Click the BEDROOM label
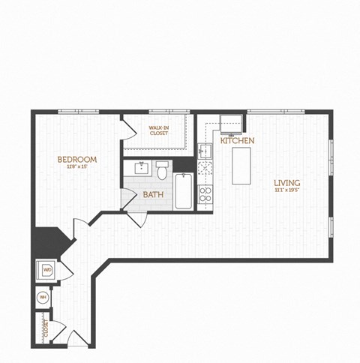tap(78, 159)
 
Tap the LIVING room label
tap(286, 182)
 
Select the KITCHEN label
tap(237, 140)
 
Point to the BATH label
tap(153, 195)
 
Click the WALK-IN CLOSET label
tap(157, 130)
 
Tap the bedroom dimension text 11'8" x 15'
tap(78, 167)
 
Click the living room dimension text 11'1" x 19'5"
tap(286, 190)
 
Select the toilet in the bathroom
tap(162, 170)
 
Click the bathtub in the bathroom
tap(184, 192)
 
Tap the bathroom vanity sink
tap(140, 166)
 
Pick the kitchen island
tap(241, 165)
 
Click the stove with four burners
tap(205, 194)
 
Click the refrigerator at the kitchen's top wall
tap(232, 122)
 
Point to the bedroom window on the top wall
tap(78, 112)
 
